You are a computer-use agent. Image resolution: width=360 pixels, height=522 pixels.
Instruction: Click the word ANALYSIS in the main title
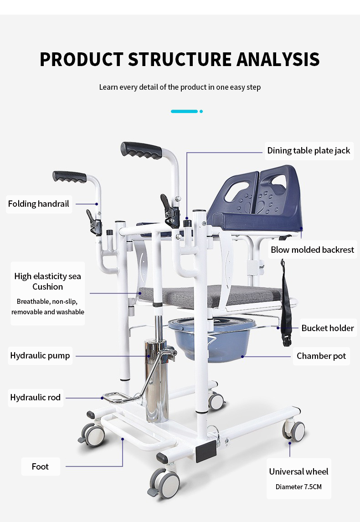pyautogui.click(x=278, y=59)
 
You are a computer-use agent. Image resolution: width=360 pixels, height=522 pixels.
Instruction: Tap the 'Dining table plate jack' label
pyautogui.click(x=309, y=150)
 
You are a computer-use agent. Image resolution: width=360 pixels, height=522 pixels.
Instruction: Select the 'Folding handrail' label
pyautogui.click(x=39, y=204)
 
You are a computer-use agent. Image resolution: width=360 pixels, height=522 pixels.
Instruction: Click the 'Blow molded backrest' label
pyautogui.click(x=312, y=250)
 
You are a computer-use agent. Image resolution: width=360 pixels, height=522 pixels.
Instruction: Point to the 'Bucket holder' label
pyautogui.click(x=327, y=328)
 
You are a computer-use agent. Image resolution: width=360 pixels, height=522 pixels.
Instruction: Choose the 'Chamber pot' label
pyautogui.click(x=321, y=356)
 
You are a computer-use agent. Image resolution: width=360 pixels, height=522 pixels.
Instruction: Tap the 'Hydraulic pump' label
pyautogui.click(x=40, y=355)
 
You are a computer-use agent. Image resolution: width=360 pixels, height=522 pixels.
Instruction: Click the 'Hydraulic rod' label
pyautogui.click(x=35, y=397)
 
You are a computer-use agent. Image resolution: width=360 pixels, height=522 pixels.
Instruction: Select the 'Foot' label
pyautogui.click(x=40, y=466)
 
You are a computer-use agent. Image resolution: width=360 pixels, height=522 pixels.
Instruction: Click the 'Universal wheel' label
pyautogui.click(x=298, y=471)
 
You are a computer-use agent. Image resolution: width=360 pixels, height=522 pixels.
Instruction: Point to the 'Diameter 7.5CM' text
pyautogui.click(x=298, y=487)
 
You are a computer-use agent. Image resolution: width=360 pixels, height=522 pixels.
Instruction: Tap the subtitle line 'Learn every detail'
pyautogui.click(x=180, y=87)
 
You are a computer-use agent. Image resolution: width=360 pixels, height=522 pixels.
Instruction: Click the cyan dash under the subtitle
pyautogui.click(x=184, y=111)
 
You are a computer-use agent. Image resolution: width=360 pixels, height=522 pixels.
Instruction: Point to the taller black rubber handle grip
pyautogui.click(x=141, y=150)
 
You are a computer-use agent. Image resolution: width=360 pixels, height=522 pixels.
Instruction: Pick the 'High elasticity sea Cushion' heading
pyautogui.click(x=47, y=281)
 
